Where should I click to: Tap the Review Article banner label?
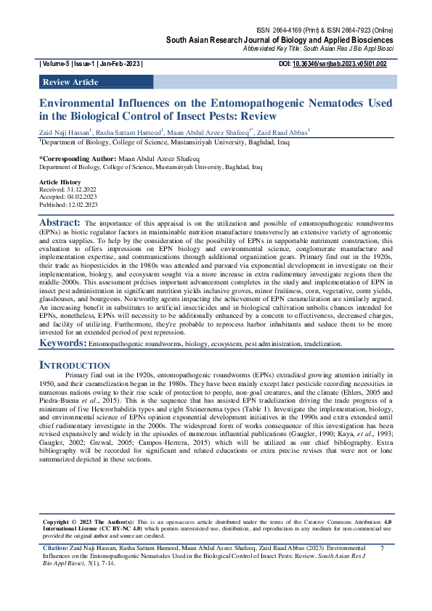[70, 82]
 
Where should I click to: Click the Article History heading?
[60, 181]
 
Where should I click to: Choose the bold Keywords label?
[62, 342]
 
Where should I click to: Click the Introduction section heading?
[74, 364]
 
